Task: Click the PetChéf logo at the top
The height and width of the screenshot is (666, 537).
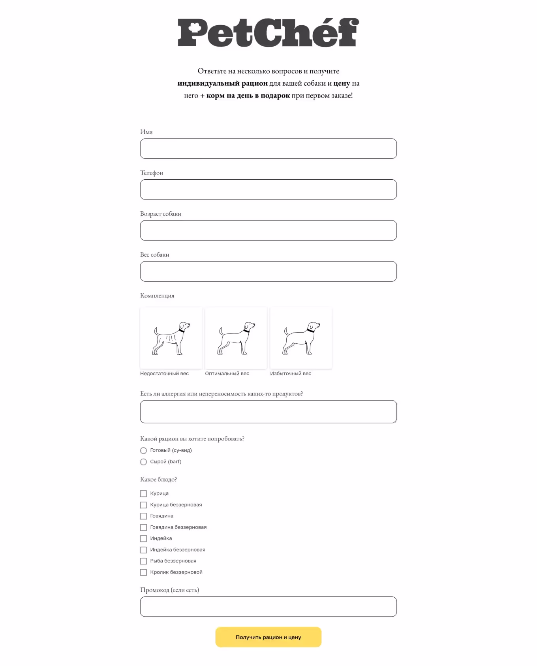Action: [268, 32]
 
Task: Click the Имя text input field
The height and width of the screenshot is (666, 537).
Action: [268, 149]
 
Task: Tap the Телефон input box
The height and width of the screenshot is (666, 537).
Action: [268, 190]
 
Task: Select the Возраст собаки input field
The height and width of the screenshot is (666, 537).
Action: [268, 230]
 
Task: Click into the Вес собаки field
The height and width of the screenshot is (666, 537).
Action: [268, 271]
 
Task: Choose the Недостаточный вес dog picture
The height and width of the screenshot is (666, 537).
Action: [171, 338]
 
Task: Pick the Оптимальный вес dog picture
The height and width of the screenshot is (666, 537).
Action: [236, 338]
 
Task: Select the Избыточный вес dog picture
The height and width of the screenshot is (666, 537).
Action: [301, 338]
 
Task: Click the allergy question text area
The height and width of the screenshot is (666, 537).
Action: [268, 412]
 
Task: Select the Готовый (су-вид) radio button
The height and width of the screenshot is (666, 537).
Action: [143, 450]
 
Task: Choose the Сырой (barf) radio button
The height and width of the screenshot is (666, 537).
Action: [143, 462]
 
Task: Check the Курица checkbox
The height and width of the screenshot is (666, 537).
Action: [143, 493]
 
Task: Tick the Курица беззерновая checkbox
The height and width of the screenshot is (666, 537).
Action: [143, 505]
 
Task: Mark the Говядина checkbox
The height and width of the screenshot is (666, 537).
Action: [143, 516]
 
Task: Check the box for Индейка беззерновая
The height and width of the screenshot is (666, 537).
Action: [143, 550]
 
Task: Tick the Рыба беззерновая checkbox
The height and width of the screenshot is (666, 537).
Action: [143, 561]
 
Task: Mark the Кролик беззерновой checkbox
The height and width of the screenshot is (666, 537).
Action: [143, 572]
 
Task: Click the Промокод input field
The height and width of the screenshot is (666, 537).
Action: [268, 606]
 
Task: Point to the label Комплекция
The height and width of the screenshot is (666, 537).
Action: [157, 295]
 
